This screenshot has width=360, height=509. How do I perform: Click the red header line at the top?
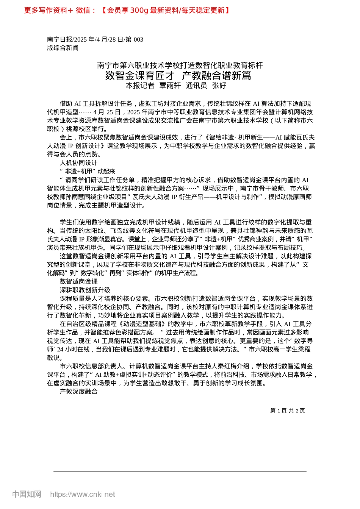tap(127, 10)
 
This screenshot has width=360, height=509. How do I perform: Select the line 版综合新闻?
tap(63, 48)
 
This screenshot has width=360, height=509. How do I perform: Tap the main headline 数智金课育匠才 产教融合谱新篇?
tap(178, 75)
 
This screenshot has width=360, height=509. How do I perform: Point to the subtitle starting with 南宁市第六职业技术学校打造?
tap(180, 65)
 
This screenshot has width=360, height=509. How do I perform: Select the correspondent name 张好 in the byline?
tap(219, 86)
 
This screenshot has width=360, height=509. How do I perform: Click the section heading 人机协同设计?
tap(78, 163)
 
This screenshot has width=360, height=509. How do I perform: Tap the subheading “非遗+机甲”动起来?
tap(88, 172)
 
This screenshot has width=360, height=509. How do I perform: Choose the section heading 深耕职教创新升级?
tap(85, 290)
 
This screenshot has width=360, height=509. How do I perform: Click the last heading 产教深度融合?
tap(78, 392)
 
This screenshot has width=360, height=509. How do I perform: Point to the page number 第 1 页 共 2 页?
tap(287, 411)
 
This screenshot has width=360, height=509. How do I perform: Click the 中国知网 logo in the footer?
tap(27, 494)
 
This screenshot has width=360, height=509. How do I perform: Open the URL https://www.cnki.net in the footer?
tap(83, 494)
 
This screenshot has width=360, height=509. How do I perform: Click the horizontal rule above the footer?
tap(180, 472)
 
